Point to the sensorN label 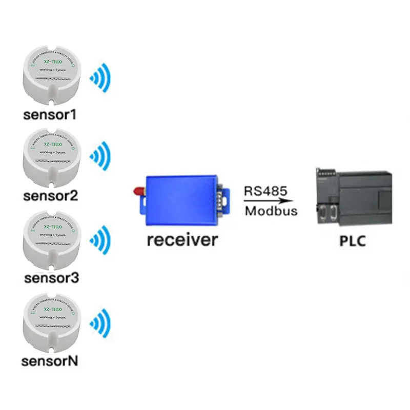(50, 361)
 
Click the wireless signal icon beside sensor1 (100, 77)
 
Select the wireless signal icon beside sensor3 (100, 240)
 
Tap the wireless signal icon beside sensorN (100, 323)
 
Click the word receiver (182, 239)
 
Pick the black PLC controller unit (353, 197)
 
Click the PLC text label (353, 240)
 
